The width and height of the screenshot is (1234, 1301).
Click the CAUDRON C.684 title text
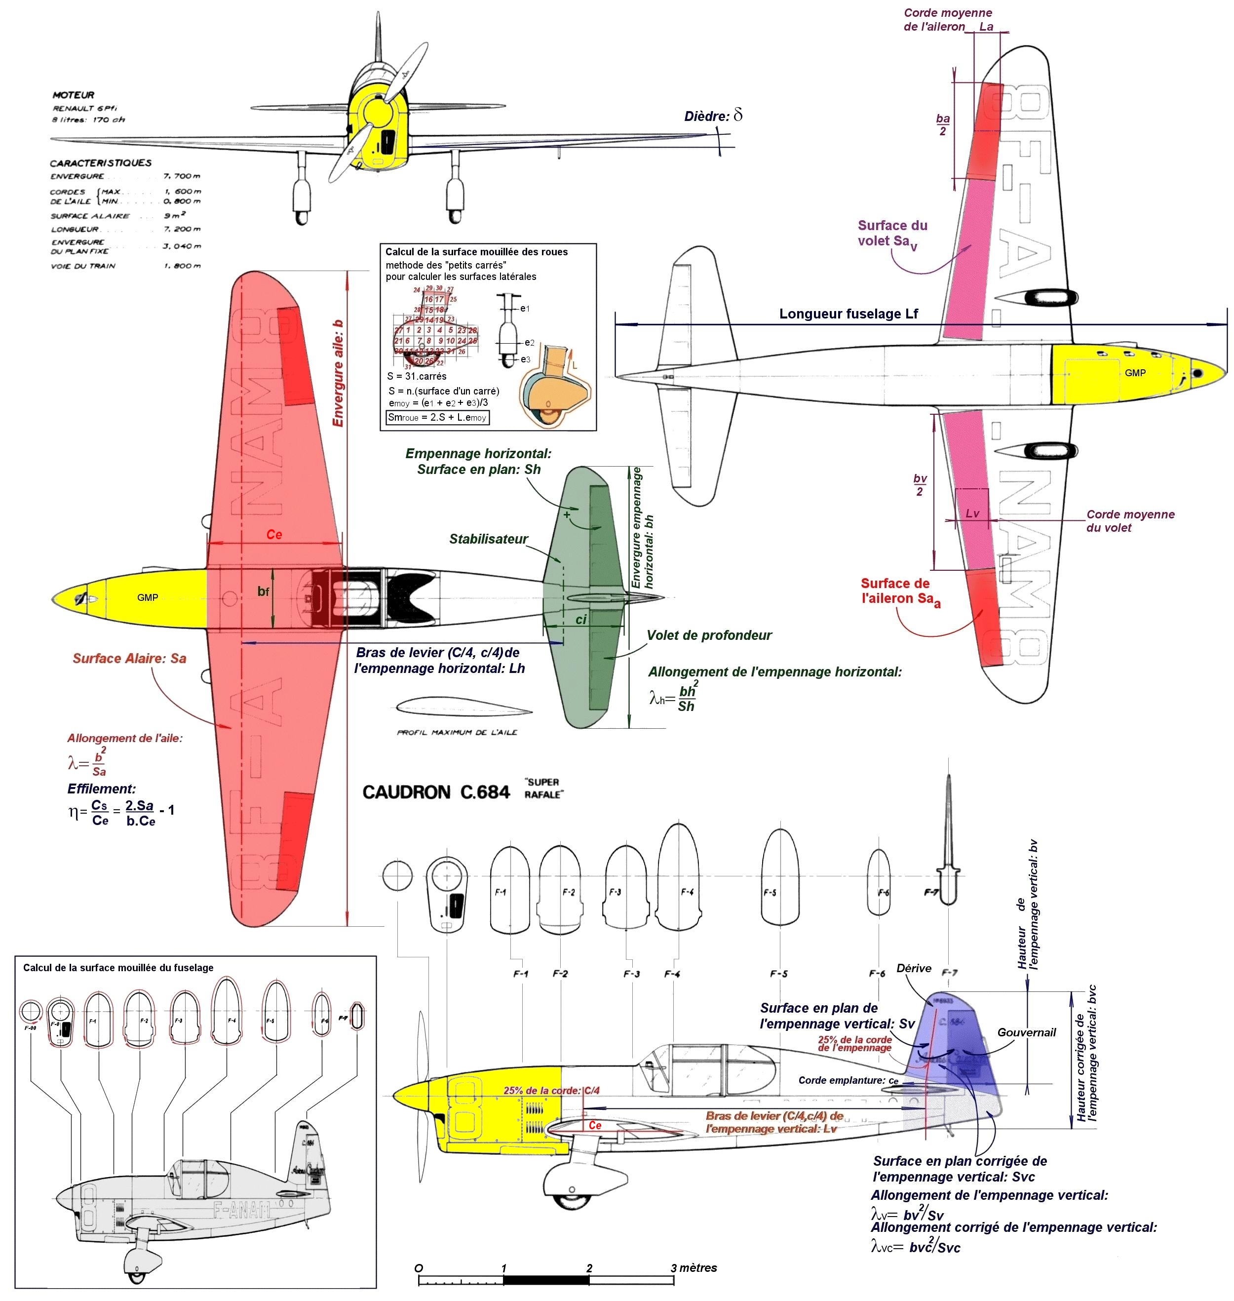click(x=436, y=791)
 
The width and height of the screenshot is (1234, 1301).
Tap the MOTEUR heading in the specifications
click(x=73, y=95)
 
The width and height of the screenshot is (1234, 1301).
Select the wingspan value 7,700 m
click(x=182, y=176)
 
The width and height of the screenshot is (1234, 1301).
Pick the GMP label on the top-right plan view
click(x=1135, y=372)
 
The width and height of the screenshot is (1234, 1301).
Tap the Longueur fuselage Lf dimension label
click(x=848, y=314)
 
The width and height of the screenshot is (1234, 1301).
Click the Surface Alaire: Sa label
click(x=130, y=658)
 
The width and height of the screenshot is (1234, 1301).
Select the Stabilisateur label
click(x=489, y=539)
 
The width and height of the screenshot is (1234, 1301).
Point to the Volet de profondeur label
click(x=709, y=635)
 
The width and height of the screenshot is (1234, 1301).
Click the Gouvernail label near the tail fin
click(x=1026, y=1032)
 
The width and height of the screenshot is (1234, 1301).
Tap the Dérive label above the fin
click(x=914, y=968)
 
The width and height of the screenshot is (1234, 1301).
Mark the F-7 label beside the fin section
click(x=931, y=892)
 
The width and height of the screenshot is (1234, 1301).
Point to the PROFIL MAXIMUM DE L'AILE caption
click(x=457, y=732)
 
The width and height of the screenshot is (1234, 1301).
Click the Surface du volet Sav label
click(x=892, y=233)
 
